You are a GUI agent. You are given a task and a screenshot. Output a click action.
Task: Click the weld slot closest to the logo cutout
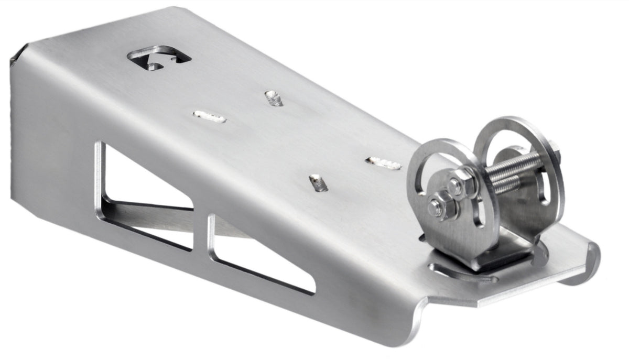(209, 117)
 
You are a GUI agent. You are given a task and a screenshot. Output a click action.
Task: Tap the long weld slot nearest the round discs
(383, 163)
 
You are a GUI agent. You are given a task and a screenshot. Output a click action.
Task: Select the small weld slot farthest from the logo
(318, 183)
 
